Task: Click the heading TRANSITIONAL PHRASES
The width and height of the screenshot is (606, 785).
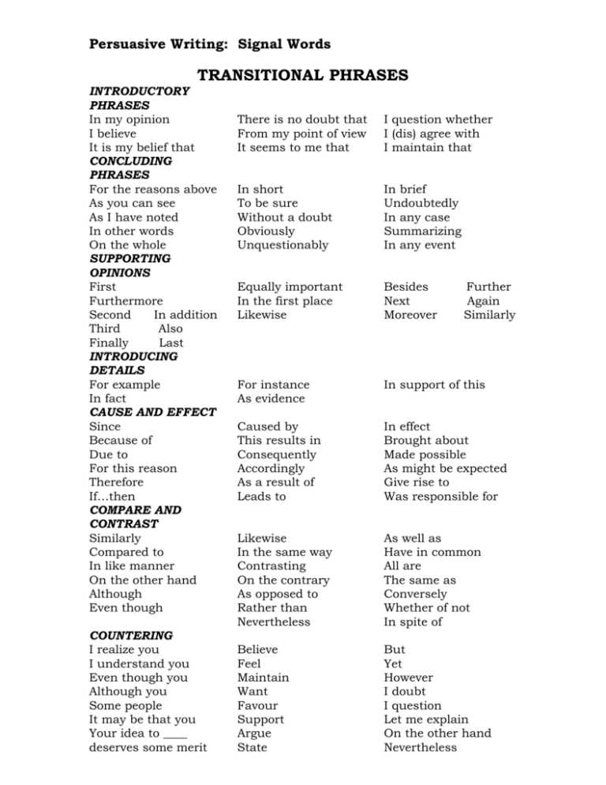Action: tap(302, 75)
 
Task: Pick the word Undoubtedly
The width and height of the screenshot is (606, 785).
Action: tap(421, 203)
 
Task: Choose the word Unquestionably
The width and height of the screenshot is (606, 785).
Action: tap(282, 245)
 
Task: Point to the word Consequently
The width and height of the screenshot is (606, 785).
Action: tap(275, 454)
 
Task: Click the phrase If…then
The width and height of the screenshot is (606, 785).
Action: tap(114, 496)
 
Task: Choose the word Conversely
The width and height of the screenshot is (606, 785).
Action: tap(415, 594)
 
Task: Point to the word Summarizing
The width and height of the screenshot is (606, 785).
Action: tap(422, 231)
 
